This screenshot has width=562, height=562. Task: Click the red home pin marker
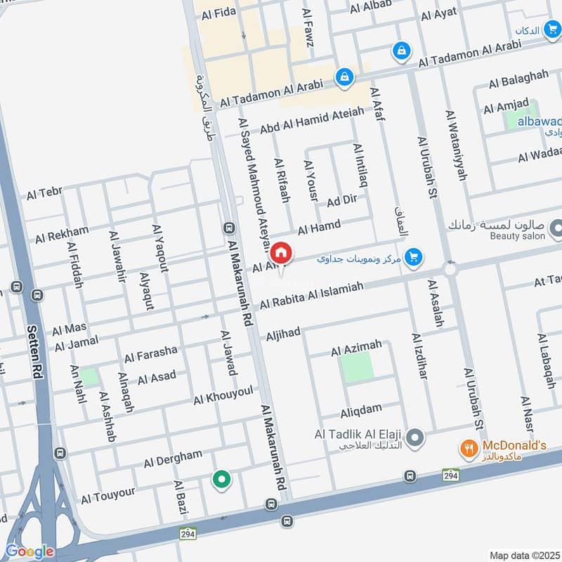pos(281,254)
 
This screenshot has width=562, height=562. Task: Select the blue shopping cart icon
pos(414,257)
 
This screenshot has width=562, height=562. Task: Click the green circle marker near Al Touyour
pos(222,480)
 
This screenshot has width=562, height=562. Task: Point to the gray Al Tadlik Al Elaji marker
pos(416,438)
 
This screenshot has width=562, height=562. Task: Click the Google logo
pos(29,551)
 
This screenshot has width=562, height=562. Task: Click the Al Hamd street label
pos(319,227)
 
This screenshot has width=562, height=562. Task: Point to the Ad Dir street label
pos(342,201)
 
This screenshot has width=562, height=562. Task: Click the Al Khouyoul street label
pos(223,396)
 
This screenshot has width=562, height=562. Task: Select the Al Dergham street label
pos(173,459)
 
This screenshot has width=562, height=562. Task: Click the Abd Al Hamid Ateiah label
pos(312,120)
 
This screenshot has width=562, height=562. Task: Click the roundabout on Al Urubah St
pos(450,269)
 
